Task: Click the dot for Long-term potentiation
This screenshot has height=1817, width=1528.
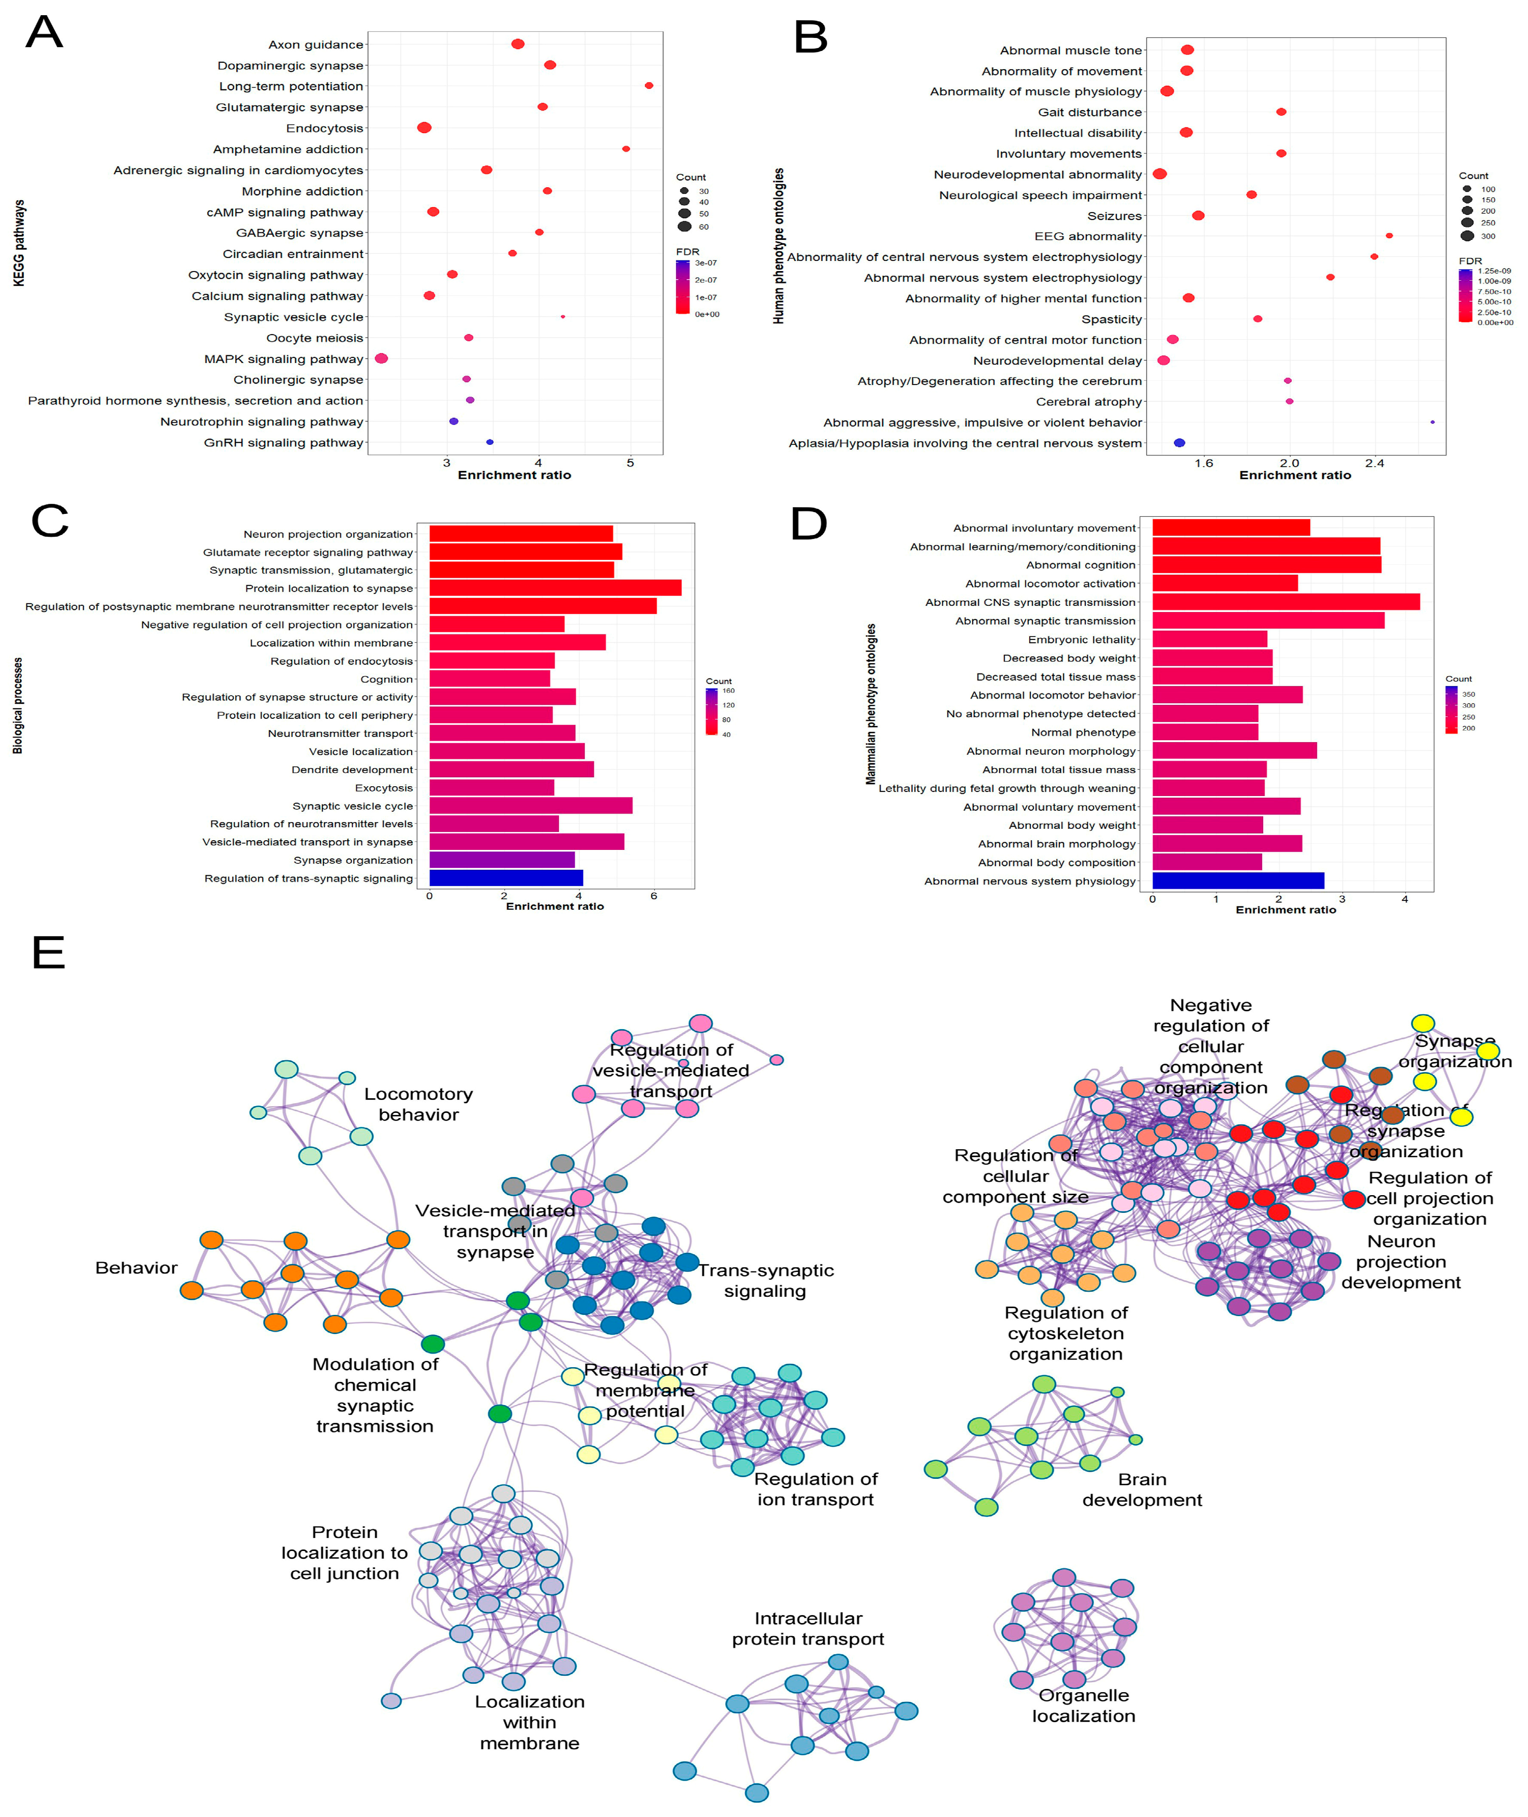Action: click(x=649, y=86)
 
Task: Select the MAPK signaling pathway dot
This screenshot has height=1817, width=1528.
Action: click(x=381, y=358)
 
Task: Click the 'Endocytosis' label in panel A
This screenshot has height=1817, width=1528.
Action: click(x=325, y=128)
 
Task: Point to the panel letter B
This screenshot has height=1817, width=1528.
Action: click(x=811, y=38)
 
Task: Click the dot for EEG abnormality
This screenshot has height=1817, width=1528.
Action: click(x=1389, y=236)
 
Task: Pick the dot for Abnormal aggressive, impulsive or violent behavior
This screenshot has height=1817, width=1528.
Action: click(x=1433, y=423)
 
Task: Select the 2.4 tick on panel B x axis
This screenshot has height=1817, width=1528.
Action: click(x=1375, y=463)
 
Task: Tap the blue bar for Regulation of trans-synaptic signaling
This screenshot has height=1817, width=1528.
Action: click(x=506, y=878)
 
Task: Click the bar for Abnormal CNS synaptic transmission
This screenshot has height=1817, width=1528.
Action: click(x=1286, y=602)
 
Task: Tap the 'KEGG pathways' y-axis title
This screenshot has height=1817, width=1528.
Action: click(x=19, y=243)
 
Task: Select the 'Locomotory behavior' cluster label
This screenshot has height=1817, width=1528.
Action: click(x=418, y=1104)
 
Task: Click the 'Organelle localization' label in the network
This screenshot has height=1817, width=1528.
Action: click(x=1084, y=1705)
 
